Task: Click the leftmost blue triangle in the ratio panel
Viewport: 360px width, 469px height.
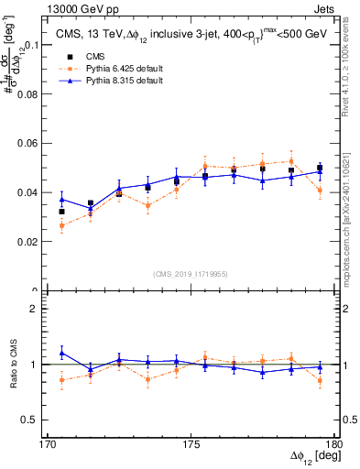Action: [x=61, y=352]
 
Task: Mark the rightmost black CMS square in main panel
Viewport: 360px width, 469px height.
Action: [x=320, y=168]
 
